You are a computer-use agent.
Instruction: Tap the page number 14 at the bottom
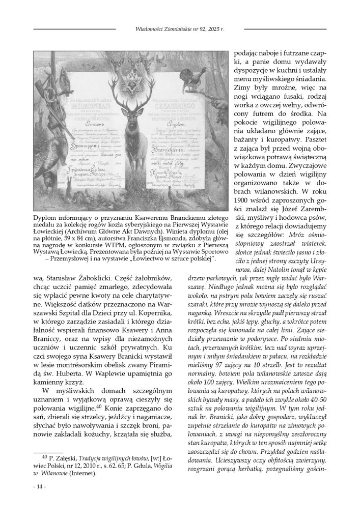tap(39, 487)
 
